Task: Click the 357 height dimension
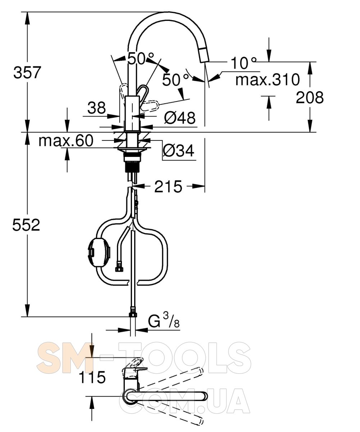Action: click(x=27, y=72)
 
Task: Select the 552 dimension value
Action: click(x=26, y=225)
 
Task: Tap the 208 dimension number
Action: click(x=309, y=98)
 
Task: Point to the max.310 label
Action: click(x=268, y=80)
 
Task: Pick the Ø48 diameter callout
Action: click(x=179, y=118)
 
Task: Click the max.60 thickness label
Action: click(x=66, y=141)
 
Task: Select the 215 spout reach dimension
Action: click(x=168, y=186)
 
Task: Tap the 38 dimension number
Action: click(x=96, y=108)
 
